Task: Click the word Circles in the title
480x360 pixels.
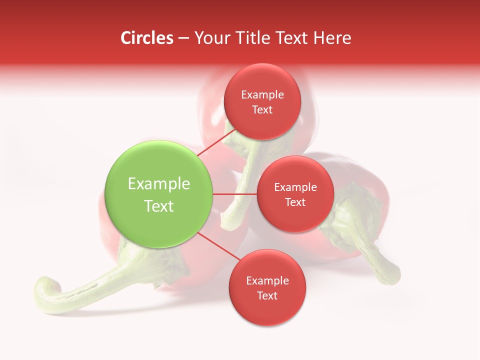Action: click(147, 38)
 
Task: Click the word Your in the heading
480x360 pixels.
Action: click(212, 38)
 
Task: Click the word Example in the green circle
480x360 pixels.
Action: click(159, 184)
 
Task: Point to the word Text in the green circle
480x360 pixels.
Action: click(159, 206)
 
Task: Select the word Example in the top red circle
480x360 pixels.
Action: click(262, 95)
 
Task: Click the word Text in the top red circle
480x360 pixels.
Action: click(262, 110)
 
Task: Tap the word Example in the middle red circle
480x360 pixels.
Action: click(295, 187)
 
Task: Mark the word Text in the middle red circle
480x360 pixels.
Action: click(295, 202)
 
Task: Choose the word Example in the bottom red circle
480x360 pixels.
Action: click(267, 281)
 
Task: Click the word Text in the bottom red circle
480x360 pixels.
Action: click(267, 296)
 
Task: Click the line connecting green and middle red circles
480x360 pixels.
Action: click(235, 194)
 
